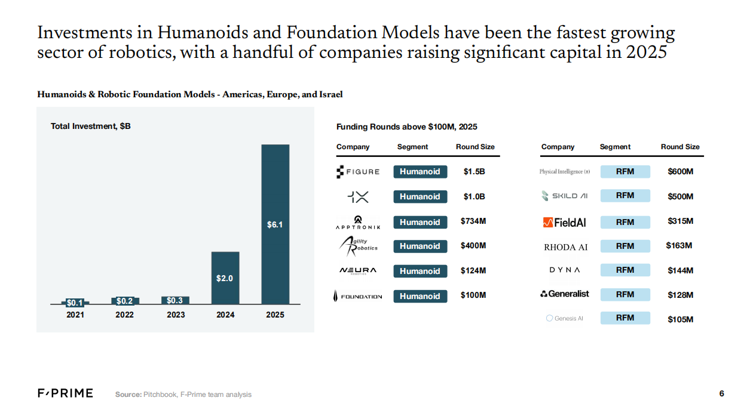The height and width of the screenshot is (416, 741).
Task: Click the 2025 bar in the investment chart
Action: pos(275,224)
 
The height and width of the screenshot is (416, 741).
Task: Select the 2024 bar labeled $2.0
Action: pos(225,278)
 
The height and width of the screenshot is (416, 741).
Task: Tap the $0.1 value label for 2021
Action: pos(75,303)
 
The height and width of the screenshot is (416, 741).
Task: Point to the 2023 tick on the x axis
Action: pos(175,315)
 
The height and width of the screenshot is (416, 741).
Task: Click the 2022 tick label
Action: pos(125,315)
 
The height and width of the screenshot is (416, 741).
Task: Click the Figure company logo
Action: pos(358,172)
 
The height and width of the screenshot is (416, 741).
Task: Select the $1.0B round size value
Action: pos(474,196)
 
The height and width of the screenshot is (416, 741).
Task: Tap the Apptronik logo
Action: pos(358,222)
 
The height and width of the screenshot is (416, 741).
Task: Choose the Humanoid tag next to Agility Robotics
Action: pos(420,246)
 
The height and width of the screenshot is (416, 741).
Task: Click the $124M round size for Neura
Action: pos(473,271)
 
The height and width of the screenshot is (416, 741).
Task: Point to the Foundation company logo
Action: pos(357,296)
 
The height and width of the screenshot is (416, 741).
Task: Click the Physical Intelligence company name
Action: pos(565,172)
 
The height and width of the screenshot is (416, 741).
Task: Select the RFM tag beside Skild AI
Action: pos(624,196)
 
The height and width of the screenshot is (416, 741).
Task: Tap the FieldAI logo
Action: pos(564,222)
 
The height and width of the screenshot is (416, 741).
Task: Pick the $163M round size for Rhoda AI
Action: pos(679,246)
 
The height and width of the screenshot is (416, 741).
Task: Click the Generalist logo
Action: pos(564,294)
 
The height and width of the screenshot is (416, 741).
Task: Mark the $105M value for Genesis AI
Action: pos(680,319)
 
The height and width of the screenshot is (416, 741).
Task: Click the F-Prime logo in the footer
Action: pos(65,393)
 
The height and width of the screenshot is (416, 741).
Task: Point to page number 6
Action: pos(721,393)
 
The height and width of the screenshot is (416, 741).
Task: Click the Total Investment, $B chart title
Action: pos(90,127)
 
